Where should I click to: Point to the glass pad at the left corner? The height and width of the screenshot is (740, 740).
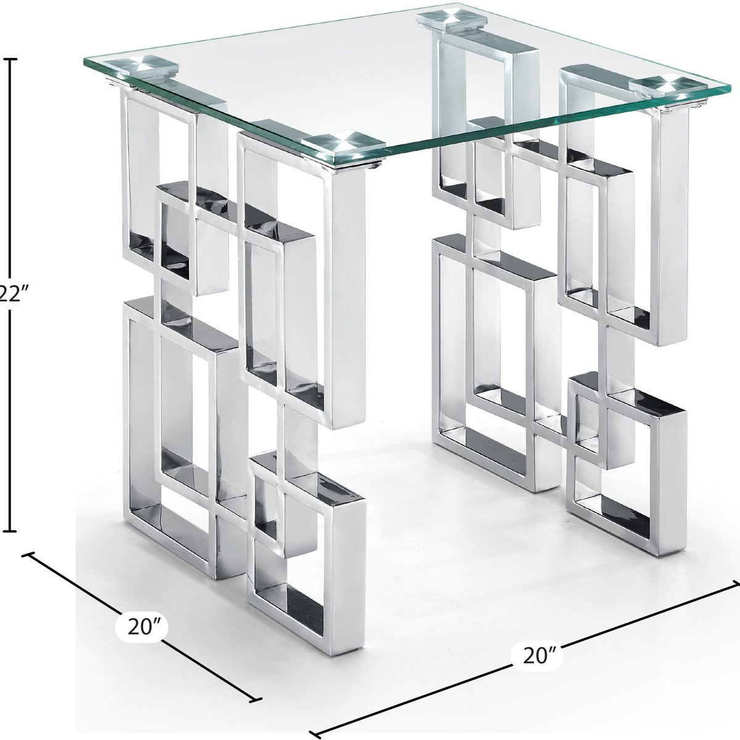pyautogui.click(x=149, y=67)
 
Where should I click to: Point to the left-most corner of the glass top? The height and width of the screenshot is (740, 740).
pyautogui.click(x=84, y=62)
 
